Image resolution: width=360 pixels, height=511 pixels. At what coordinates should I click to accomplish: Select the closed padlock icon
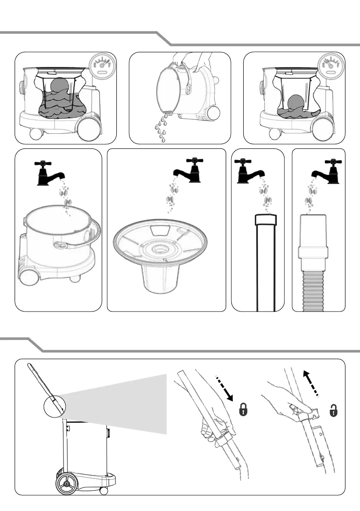click(243, 411)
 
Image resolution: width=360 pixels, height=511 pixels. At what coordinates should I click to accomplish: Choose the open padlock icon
click(333, 411)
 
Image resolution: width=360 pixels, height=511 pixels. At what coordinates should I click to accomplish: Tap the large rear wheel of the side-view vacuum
click(67, 483)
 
